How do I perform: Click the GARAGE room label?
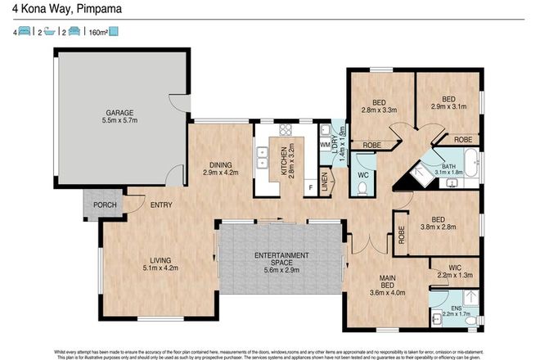[x=119, y=112]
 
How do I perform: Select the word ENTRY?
[x=160, y=205]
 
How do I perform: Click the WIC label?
[x=456, y=268]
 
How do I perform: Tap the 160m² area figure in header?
[x=96, y=32]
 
